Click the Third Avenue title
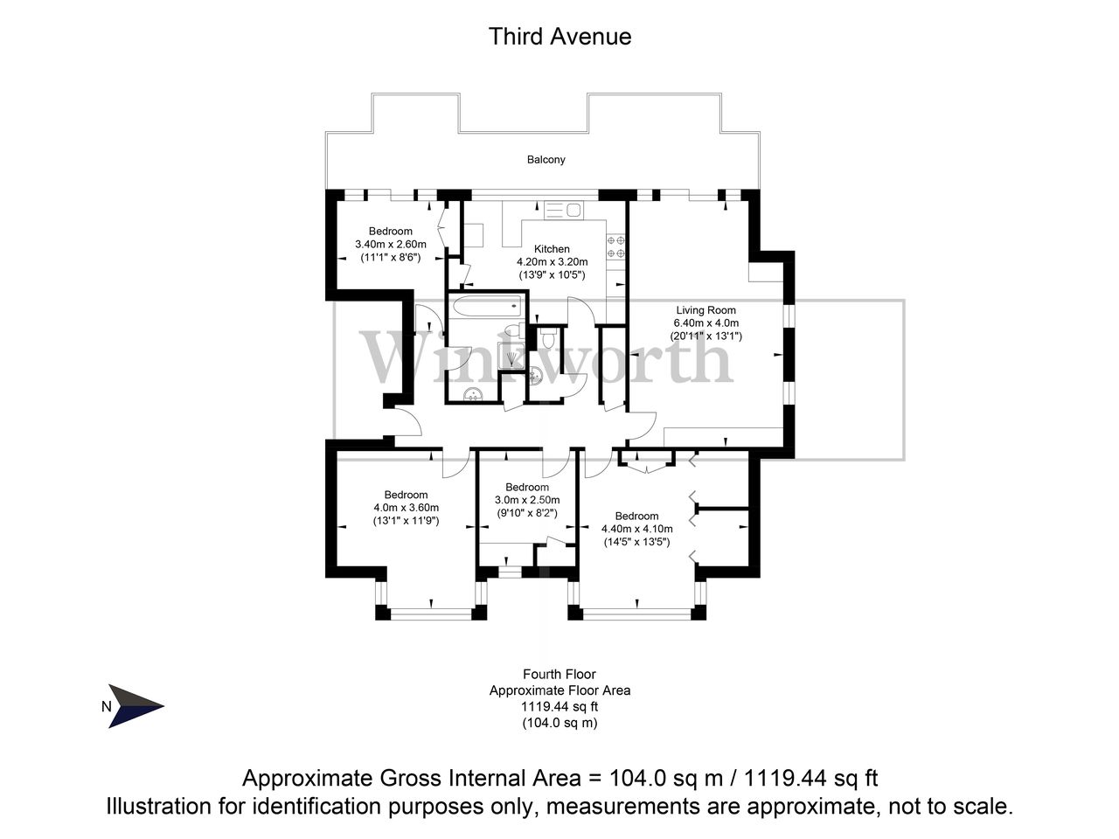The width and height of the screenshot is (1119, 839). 559,37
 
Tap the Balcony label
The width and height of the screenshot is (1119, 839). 546,160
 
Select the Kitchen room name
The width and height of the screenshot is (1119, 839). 552,249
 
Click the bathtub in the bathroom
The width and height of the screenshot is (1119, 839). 485,307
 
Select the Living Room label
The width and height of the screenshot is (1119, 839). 705,310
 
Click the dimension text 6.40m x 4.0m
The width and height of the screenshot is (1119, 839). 705,322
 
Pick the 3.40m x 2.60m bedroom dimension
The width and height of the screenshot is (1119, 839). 390,245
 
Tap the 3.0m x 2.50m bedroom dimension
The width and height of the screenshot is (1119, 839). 526,500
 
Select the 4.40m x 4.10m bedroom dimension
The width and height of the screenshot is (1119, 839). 636,529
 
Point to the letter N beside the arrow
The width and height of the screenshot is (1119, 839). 107,708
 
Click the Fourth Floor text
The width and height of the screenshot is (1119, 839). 559,675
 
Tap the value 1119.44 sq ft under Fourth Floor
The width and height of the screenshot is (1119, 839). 559,707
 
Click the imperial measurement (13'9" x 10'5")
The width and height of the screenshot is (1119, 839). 552,274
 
